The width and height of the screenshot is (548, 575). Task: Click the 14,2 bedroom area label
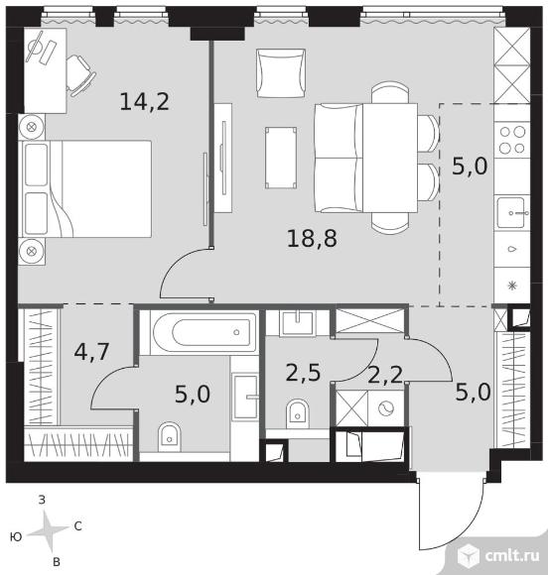coord(144,101)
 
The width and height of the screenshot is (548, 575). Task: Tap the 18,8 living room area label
coord(312,238)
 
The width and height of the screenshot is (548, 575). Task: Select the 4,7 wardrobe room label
coord(91,352)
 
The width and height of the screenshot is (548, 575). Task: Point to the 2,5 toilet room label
coord(303,373)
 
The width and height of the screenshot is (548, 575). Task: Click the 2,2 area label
coord(385,375)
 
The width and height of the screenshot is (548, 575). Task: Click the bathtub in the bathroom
coord(205,333)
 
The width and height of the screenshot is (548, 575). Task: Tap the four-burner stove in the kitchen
coord(512,140)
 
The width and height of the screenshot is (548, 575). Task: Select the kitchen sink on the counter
coord(511,212)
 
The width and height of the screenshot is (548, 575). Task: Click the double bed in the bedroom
coord(87,188)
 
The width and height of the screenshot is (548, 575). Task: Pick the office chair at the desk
coord(79,75)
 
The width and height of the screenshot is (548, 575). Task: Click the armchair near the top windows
coord(281,73)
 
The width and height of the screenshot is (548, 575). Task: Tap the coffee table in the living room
coord(281,158)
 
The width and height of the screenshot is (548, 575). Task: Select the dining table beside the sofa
coord(390,158)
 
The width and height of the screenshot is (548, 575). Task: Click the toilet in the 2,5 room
coord(297,413)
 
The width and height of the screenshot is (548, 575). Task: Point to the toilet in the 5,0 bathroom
coord(170,437)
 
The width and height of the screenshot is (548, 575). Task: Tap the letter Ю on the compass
coord(17,537)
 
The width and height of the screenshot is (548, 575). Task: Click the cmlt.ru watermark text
coord(512,556)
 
